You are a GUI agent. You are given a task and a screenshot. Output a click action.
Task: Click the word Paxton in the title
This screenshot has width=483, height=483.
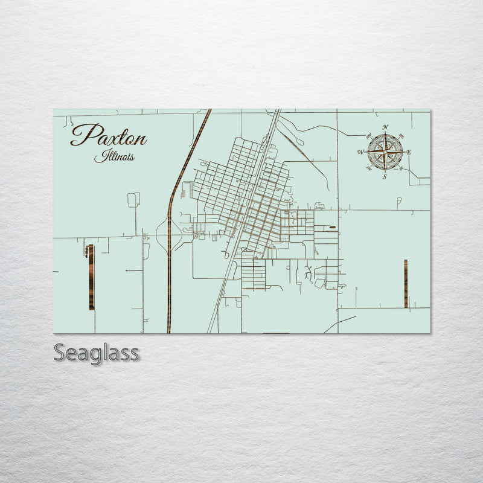pyautogui.click(x=109, y=135)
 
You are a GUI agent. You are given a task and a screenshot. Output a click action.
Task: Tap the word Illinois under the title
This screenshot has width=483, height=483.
pyautogui.click(x=114, y=156)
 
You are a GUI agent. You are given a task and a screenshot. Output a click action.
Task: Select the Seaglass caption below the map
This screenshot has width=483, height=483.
pyautogui.click(x=97, y=353)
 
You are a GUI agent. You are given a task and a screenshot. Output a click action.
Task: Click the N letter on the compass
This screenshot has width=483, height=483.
pyautogui.click(x=385, y=127)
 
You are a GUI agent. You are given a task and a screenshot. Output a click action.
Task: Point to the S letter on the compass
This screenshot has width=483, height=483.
pyautogui.click(x=385, y=177)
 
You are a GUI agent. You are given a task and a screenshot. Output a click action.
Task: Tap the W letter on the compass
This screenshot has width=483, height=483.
pyautogui.click(x=361, y=152)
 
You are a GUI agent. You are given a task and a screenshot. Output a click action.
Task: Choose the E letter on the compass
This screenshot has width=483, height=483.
pyautogui.click(x=409, y=152)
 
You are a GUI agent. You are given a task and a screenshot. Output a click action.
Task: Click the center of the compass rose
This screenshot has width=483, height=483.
pyautogui.click(x=385, y=152)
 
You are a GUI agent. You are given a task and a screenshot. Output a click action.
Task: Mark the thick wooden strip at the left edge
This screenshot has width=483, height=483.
pyautogui.click(x=91, y=277)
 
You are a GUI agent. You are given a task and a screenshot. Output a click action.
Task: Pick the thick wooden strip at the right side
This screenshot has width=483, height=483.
pyautogui.click(x=406, y=284)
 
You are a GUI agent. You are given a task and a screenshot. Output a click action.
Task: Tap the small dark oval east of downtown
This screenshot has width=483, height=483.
pyautogui.click(x=333, y=228)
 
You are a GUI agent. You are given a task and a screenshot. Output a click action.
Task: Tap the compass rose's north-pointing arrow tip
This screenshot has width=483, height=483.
pyautogui.click(x=385, y=133)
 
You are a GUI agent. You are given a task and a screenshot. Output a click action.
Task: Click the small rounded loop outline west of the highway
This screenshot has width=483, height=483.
pyautogui.click(x=133, y=200)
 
